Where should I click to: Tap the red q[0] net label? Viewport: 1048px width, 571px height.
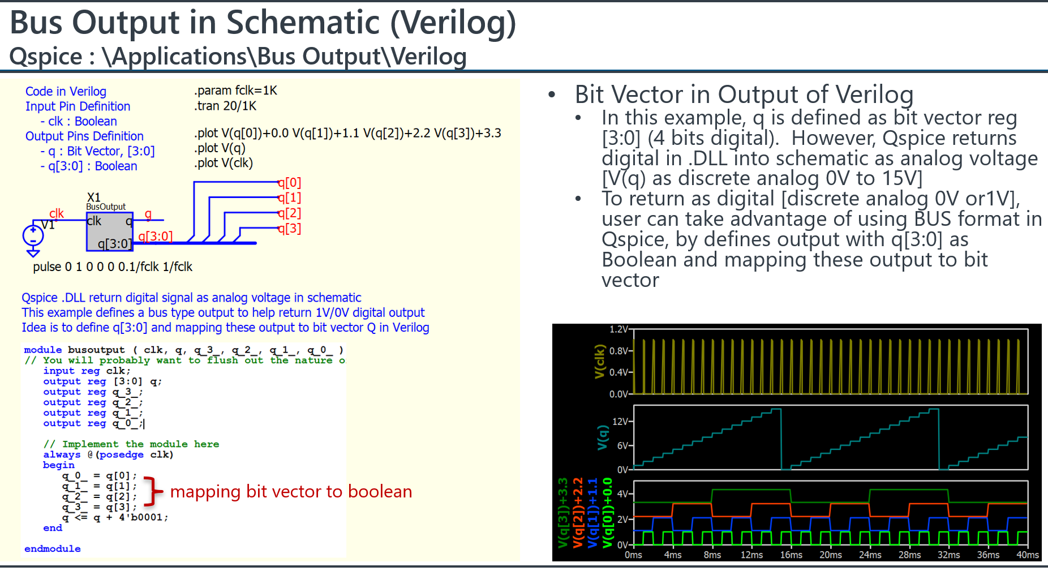pyautogui.click(x=289, y=183)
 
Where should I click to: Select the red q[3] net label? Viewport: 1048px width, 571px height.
pyautogui.click(x=289, y=229)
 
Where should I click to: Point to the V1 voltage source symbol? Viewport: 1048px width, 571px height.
pyautogui.click(x=33, y=235)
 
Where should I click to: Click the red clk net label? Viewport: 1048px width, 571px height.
pyautogui.click(x=57, y=213)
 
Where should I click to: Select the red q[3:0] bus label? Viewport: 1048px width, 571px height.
pyautogui.click(x=155, y=236)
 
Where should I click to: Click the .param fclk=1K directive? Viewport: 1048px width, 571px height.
pyautogui.click(x=235, y=91)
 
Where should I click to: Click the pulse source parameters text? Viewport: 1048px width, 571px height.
pyautogui.click(x=113, y=267)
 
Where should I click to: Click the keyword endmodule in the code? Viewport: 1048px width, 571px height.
pyautogui.click(x=52, y=548)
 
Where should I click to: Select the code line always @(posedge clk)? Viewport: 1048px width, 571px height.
pyautogui.click(x=108, y=454)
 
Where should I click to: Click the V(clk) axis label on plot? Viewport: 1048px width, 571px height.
pyautogui.click(x=600, y=361)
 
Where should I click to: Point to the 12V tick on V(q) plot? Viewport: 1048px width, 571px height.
pyautogui.click(x=620, y=422)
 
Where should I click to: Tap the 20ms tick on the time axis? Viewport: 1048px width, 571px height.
pyautogui.click(x=830, y=555)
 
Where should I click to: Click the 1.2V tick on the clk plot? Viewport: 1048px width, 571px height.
pyautogui.click(x=619, y=329)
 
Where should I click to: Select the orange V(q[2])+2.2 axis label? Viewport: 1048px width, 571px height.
pyautogui.click(x=578, y=513)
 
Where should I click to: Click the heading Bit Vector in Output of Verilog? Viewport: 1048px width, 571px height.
pyautogui.click(x=744, y=95)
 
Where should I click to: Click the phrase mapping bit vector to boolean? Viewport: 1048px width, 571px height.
pyautogui.click(x=291, y=491)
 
